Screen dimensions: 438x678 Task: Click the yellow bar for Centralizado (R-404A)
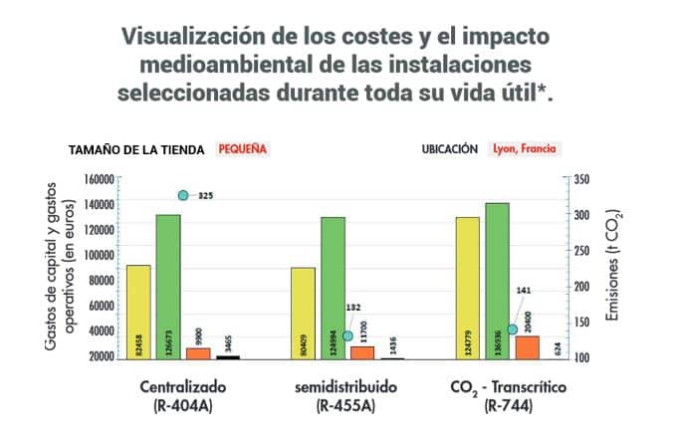(138, 311)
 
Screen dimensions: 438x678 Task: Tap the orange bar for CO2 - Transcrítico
(527, 346)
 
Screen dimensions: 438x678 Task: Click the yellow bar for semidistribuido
(303, 312)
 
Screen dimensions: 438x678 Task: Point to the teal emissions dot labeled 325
(183, 195)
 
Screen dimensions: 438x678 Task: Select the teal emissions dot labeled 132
(347, 335)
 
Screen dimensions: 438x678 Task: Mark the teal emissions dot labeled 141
(513, 328)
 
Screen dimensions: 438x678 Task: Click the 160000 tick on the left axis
(97, 179)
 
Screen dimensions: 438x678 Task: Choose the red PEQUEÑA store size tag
(242, 149)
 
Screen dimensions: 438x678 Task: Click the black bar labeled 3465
(228, 356)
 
